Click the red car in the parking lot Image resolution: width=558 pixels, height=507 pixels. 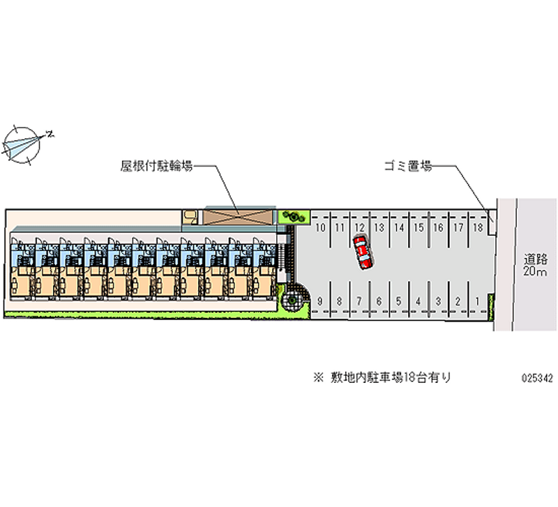[x=362, y=252]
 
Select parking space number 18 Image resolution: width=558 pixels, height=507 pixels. [x=478, y=228]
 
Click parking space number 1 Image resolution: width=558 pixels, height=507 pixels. [x=477, y=301]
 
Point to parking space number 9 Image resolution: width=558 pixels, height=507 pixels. [x=319, y=301]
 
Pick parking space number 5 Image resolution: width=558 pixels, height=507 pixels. [x=398, y=301]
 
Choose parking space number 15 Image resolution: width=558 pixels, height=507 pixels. [x=418, y=228]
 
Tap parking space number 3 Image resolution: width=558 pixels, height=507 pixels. [x=437, y=301]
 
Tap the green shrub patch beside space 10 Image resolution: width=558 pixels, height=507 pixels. [x=294, y=217]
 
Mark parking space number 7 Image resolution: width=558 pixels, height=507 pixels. [x=359, y=301]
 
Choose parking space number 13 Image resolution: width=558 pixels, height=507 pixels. [x=379, y=228]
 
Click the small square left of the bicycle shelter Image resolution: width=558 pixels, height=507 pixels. [x=190, y=217]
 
